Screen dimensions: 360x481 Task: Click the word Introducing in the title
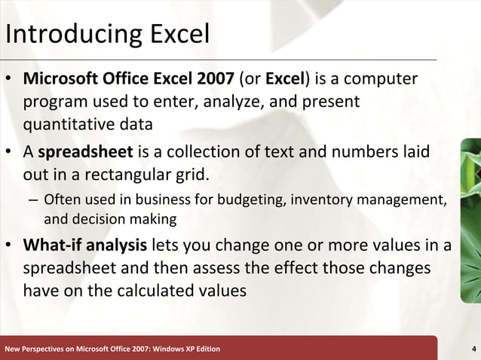66,35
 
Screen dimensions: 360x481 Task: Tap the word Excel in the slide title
173,34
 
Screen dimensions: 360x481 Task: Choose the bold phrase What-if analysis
85,246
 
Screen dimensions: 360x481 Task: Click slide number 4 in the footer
472,348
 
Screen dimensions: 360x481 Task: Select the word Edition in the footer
204,348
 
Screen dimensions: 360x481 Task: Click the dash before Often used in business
32,200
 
